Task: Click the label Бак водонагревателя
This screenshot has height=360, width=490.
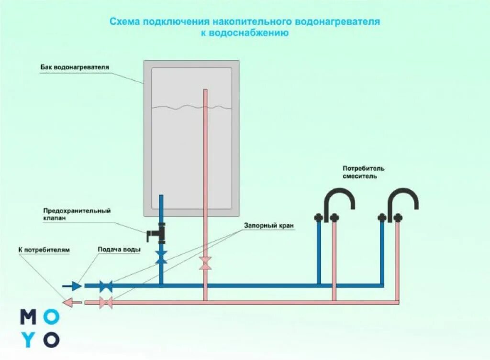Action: click(x=74, y=67)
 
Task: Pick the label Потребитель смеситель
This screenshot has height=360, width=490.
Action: click(x=363, y=172)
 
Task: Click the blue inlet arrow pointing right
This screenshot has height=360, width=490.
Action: click(x=72, y=286)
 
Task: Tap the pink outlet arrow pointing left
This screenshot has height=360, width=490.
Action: click(x=73, y=302)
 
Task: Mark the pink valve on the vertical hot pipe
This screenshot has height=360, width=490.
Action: click(x=205, y=263)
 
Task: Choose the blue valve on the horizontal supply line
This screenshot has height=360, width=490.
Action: click(x=106, y=286)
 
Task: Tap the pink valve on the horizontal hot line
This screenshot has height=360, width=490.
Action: click(x=106, y=302)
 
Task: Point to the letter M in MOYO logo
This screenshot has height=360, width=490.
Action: click(x=28, y=316)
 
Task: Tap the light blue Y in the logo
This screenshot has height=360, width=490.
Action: click(x=28, y=339)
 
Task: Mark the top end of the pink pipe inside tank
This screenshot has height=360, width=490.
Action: click(x=205, y=91)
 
